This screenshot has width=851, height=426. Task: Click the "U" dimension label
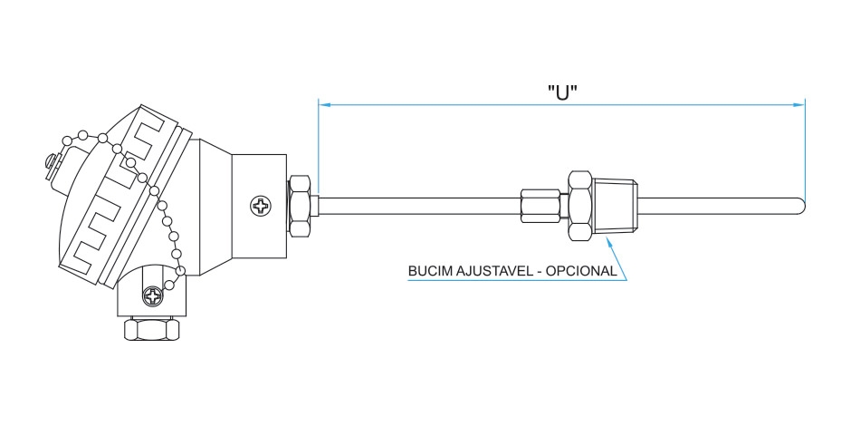click(562, 92)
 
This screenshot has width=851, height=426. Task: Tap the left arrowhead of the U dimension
click(323, 104)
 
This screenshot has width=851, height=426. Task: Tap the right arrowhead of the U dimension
click(799, 104)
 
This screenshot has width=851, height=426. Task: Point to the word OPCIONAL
click(585, 271)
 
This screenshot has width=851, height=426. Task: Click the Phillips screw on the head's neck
click(261, 206)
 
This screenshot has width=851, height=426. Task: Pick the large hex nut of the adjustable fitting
click(580, 205)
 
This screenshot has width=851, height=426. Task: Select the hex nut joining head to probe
click(301, 205)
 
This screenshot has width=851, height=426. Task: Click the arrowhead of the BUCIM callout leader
click(609, 243)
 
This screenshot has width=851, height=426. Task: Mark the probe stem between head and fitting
click(416, 205)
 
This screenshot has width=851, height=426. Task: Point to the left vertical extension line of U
click(318, 145)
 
